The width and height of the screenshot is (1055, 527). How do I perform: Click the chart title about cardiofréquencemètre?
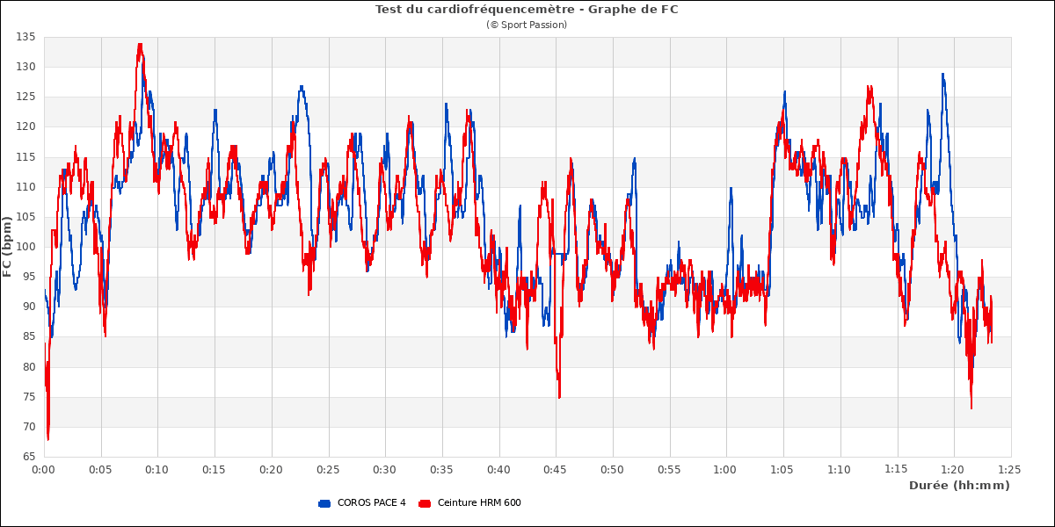pos(527,10)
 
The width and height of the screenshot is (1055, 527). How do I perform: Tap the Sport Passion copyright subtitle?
pos(527,25)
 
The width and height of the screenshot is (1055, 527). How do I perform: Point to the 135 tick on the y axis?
pos(25,37)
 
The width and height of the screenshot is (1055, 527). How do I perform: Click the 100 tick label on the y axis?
pos(25,247)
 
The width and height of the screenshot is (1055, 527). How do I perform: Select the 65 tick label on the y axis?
pos(28,457)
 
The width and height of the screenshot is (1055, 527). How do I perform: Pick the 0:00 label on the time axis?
pos(44,470)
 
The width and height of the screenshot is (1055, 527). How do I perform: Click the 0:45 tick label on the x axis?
pos(556,470)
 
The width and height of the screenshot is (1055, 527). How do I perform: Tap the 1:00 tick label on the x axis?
pos(726,470)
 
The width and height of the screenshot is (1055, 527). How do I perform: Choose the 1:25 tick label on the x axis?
pos(1010,470)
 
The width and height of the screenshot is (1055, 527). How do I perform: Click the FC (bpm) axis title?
pos(8,247)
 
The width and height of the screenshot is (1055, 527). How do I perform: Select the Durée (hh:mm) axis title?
pos(959,486)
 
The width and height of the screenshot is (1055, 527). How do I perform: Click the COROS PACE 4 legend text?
pos(372,503)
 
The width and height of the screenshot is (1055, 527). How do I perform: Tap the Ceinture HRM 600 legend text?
pos(479,503)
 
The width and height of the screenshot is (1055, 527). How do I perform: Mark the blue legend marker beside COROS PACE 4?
pos(324,503)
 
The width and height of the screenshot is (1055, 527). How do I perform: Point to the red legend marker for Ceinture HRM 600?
pos(425,503)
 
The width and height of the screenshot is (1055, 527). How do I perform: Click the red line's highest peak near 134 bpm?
pos(140,44)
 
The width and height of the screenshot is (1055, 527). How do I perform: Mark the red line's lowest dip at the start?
pos(48,439)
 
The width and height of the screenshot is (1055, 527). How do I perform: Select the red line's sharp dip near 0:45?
pos(558,397)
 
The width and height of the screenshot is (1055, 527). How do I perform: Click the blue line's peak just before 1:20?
pos(942,74)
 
